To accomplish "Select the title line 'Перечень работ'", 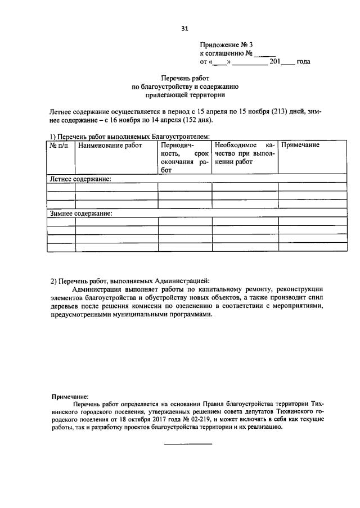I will tap(186, 79).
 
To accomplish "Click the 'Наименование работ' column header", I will tap(110, 146).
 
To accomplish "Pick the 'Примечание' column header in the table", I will tap(300, 146).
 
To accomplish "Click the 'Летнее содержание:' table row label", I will tap(80, 179).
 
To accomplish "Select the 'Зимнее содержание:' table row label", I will tap(82, 214).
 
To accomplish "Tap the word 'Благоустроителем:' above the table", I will tap(182, 137).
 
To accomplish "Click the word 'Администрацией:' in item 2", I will tap(182, 280).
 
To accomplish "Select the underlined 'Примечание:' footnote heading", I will tap(70, 396).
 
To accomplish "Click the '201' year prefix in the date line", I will tap(275, 62).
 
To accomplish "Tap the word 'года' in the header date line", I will tap(303, 62).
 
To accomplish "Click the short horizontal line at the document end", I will tap(187, 444).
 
